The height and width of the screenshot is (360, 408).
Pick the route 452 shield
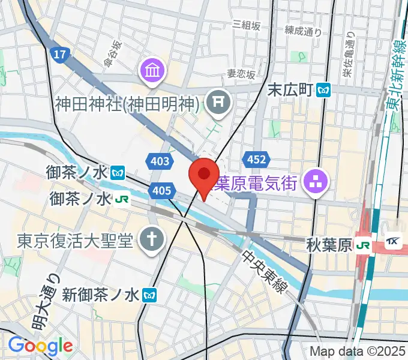[x=254, y=159]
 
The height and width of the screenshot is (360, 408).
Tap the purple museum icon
[x=151, y=72]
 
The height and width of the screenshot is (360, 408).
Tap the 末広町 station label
[x=290, y=90]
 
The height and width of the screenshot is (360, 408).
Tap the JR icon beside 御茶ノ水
[x=122, y=198]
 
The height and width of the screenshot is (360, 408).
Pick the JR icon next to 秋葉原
[x=362, y=245]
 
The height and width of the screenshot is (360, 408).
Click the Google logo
[x=40, y=346]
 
